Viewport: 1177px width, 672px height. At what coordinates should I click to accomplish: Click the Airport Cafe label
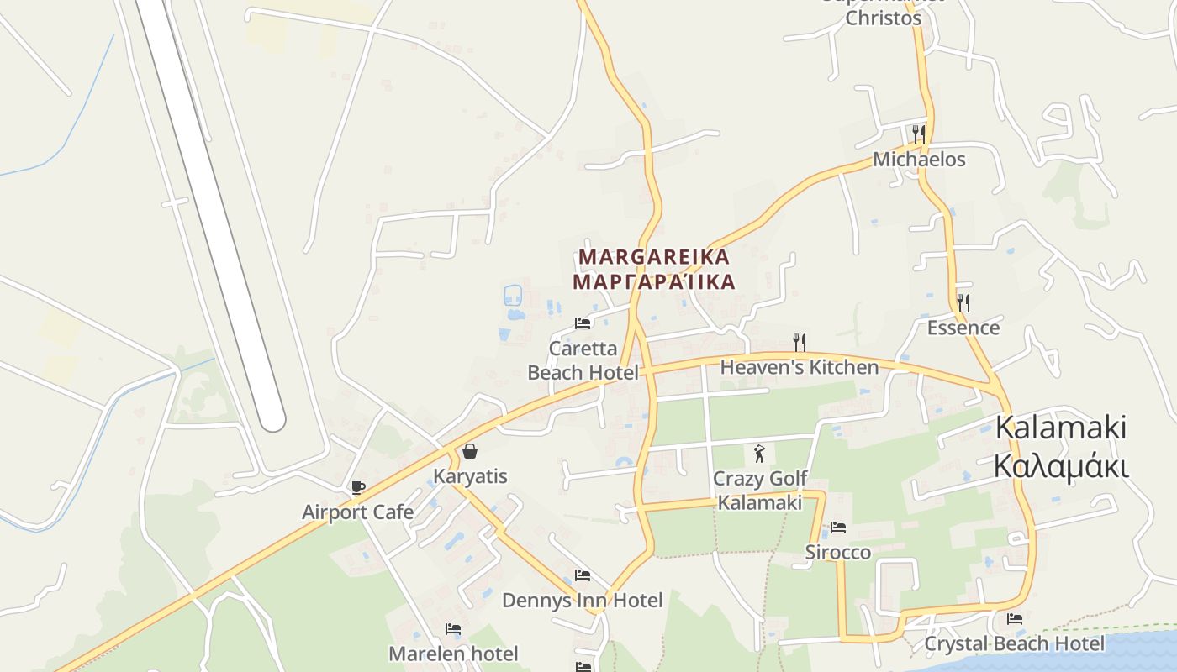coord(357,512)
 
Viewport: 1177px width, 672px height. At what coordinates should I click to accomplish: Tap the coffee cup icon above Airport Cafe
coord(358,487)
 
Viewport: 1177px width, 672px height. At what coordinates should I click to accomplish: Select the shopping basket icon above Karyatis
coord(470,451)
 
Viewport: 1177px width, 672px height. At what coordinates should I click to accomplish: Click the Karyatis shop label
coord(470,476)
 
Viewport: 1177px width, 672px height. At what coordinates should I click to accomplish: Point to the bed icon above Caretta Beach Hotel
coord(583,323)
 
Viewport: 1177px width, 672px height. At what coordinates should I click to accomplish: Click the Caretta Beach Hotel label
coord(583,360)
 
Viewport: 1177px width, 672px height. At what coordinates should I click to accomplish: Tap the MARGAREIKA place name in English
coord(654,256)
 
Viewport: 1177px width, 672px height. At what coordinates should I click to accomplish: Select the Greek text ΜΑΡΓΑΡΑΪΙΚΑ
coord(654,282)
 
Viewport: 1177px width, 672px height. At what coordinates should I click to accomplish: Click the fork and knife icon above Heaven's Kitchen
coord(800,342)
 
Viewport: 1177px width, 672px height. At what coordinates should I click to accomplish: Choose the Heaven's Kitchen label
coord(800,367)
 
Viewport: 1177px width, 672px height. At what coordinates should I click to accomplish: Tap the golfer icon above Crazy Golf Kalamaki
coord(760,454)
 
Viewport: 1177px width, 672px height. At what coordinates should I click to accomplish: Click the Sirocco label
coord(838,552)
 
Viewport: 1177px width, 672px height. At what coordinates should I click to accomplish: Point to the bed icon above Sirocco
coord(838,528)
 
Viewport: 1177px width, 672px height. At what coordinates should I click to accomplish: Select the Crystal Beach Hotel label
coord(1015,643)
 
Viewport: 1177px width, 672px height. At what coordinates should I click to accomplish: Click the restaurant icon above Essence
coord(963,302)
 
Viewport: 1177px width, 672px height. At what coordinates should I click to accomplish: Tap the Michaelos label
coord(919,159)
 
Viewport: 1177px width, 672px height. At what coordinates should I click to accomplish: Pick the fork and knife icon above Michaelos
coord(919,134)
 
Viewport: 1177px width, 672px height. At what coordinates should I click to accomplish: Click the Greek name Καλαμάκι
coord(1061,465)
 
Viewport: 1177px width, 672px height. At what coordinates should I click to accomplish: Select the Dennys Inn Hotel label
coord(583,600)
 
